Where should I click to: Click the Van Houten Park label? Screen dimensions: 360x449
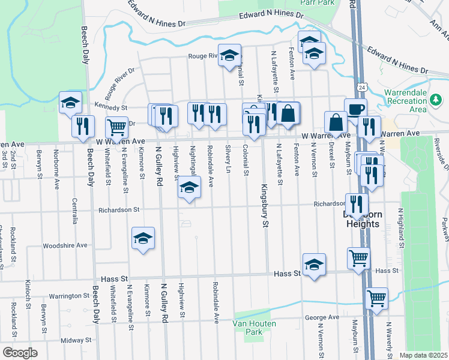pyautogui.click(x=248, y=328)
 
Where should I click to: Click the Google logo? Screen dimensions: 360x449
pyautogui.click(x=19, y=352)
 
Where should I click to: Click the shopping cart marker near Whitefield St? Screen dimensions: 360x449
pyautogui.click(x=116, y=127)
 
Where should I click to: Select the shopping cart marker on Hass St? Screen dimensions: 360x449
pyautogui.click(x=359, y=258)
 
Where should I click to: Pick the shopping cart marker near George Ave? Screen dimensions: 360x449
pyautogui.click(x=376, y=298)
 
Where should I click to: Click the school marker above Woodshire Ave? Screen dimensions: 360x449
pyautogui.click(x=143, y=238)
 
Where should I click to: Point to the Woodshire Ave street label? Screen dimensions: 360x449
pyautogui.click(x=65, y=245)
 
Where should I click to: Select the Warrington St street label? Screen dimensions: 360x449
pyautogui.click(x=69, y=296)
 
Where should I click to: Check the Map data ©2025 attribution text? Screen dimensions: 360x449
pyautogui.click(x=423, y=355)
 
